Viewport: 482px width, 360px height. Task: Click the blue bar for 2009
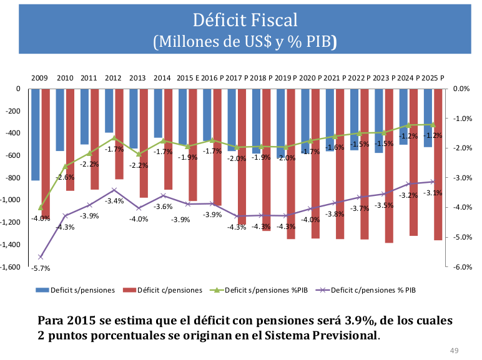click(x=36, y=134)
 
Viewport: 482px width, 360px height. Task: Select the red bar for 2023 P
click(x=389, y=165)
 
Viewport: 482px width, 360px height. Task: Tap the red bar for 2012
click(x=119, y=134)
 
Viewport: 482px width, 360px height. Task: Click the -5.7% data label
click(x=41, y=268)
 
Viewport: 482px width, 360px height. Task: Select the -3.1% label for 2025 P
click(x=433, y=193)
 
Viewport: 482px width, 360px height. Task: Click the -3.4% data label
click(x=114, y=201)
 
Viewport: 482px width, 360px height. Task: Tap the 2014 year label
click(x=162, y=78)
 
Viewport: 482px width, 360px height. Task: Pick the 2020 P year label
click(x=310, y=78)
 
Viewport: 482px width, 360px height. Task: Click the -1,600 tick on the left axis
click(x=12, y=266)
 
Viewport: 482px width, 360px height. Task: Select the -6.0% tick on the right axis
click(x=461, y=266)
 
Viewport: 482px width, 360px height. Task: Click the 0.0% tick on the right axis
click(x=461, y=89)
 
